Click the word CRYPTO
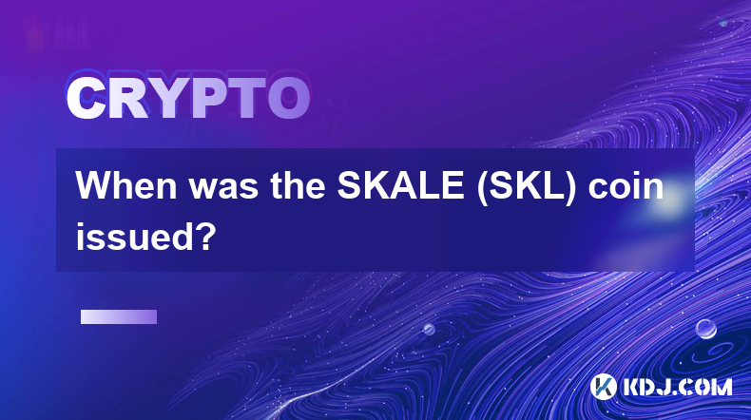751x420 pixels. pyautogui.click(x=188, y=98)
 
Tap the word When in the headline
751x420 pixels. pyautogui.click(x=127, y=186)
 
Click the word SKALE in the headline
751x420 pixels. pyautogui.click(x=400, y=186)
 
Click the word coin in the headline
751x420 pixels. pyautogui.click(x=626, y=186)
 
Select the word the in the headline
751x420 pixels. pyautogui.click(x=298, y=186)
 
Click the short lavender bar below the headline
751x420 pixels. pyautogui.click(x=119, y=316)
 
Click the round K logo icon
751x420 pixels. pyautogui.click(x=604, y=387)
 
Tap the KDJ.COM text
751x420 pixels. pyautogui.click(x=677, y=387)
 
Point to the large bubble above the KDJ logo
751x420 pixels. pyautogui.click(x=705, y=329)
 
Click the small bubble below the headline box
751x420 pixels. pyautogui.click(x=429, y=329)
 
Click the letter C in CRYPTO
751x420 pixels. pyautogui.click(x=86, y=98)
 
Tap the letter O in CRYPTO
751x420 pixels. pyautogui.click(x=288, y=98)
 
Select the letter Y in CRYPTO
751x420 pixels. pyautogui.click(x=169, y=98)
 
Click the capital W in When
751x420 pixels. pyautogui.click(x=95, y=186)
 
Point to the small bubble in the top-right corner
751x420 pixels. pyautogui.click(x=723, y=22)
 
